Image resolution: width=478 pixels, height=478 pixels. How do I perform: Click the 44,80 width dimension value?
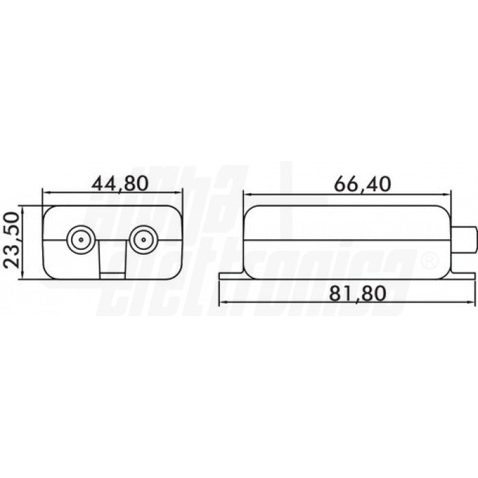click(x=115, y=184)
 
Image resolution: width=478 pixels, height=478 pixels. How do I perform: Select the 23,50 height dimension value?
click(x=12, y=241)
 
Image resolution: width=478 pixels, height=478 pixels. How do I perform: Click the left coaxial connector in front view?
click(x=81, y=240)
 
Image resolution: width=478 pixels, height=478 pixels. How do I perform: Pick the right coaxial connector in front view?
click(x=143, y=240)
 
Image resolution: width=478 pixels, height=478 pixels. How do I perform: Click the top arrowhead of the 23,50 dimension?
click(x=25, y=208)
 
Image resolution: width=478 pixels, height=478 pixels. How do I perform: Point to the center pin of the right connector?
click(x=143, y=240)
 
